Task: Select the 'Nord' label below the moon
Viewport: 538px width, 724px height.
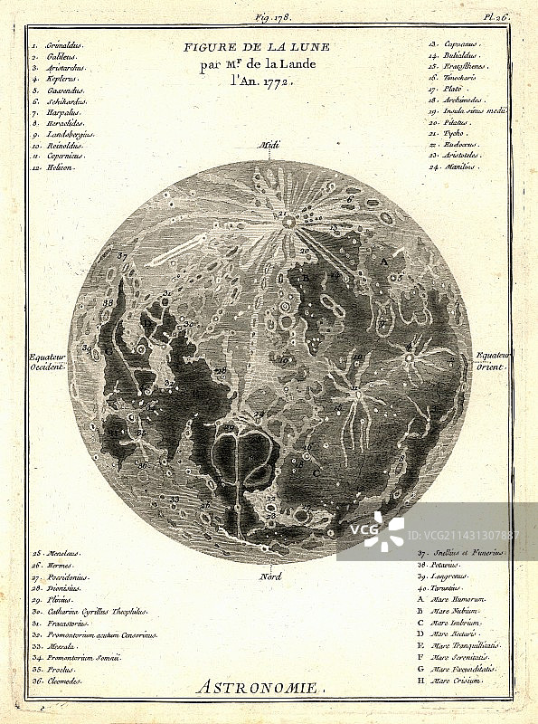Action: [269, 576]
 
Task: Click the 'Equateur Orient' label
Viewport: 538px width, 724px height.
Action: [494, 361]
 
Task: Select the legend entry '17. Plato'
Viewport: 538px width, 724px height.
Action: [448, 88]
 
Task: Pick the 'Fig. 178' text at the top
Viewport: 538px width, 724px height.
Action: [269, 16]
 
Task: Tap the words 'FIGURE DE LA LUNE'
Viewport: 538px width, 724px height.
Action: [257, 46]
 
